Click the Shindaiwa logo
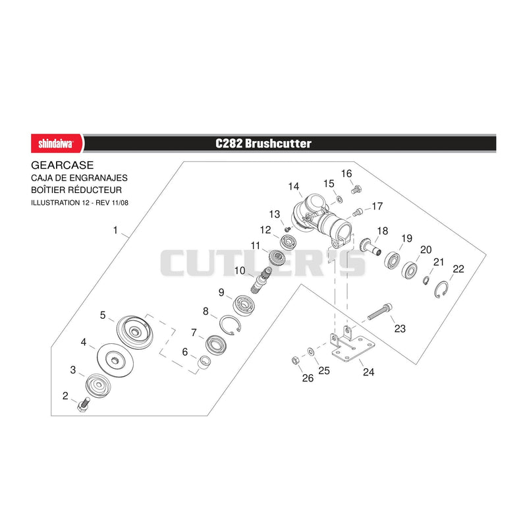(x=57, y=144)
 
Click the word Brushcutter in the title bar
(x=278, y=144)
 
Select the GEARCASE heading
(x=62, y=165)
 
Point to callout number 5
(x=103, y=315)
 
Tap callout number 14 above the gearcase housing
(x=293, y=186)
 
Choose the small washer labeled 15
(x=339, y=200)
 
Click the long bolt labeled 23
(x=380, y=312)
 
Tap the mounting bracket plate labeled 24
(x=353, y=348)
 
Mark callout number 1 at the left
(x=115, y=230)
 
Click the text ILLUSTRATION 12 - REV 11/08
(x=80, y=203)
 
